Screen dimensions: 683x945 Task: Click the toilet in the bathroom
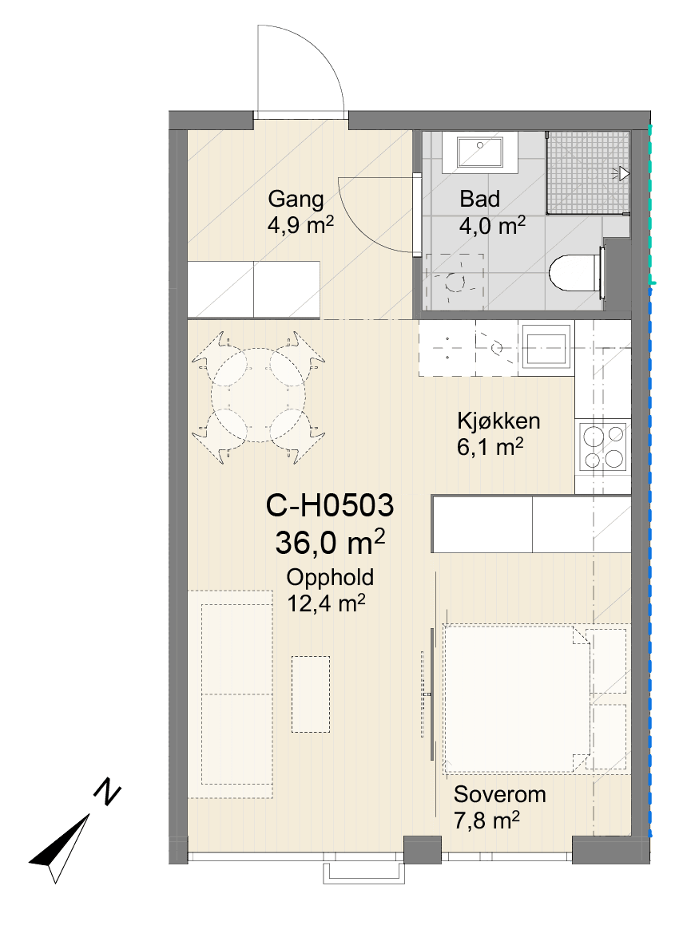576,273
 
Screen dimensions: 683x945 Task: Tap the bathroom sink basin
479,151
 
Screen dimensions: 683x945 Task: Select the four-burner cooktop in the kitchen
603,447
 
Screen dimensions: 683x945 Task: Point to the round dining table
258,395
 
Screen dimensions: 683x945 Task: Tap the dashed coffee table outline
311,694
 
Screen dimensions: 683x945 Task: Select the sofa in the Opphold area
231,694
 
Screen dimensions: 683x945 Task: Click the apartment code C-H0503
329,505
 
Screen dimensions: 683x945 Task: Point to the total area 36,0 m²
330,542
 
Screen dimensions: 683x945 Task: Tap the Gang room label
296,199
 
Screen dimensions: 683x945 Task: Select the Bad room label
479,199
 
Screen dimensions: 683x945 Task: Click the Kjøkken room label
498,420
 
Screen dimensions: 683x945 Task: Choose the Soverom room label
499,793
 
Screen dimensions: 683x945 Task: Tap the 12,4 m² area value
326,603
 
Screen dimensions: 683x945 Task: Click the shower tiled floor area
588,172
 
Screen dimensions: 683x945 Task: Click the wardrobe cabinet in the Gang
253,289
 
